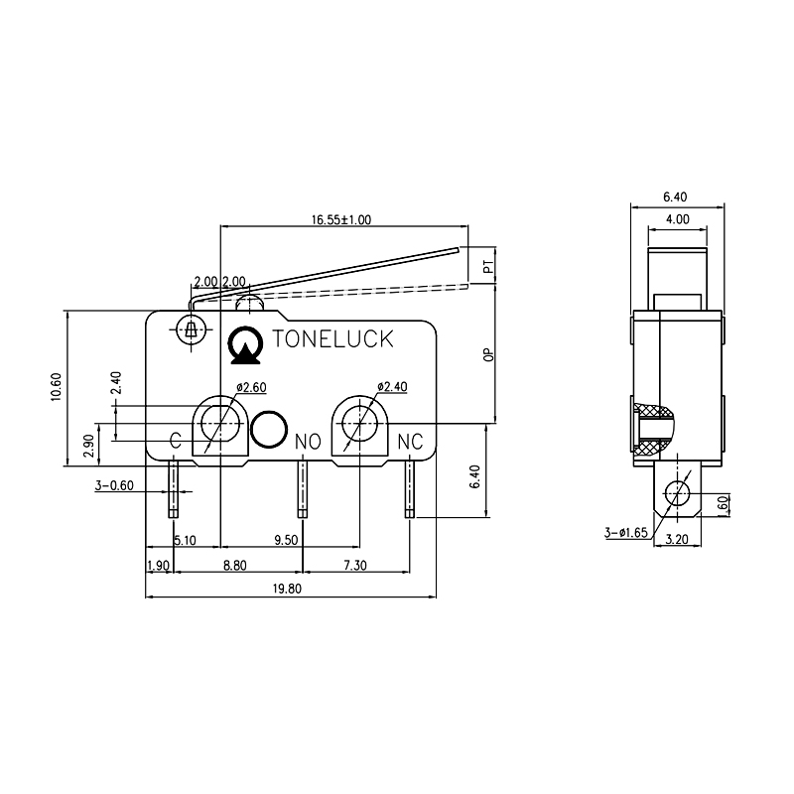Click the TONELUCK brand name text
pyautogui.click(x=332, y=339)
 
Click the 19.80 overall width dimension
pyautogui.click(x=289, y=589)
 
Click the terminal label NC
pyautogui.click(x=410, y=440)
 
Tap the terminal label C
pyautogui.click(x=176, y=440)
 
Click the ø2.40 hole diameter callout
pyautogui.click(x=391, y=388)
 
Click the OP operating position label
pyautogui.click(x=487, y=355)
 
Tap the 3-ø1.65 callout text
pyautogui.click(x=625, y=533)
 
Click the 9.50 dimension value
pyautogui.click(x=287, y=541)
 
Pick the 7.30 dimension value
pyautogui.click(x=354, y=565)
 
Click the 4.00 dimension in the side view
pyautogui.click(x=678, y=218)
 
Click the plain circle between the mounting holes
pyautogui.click(x=268, y=428)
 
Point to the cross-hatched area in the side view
pyautogui.click(x=651, y=430)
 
